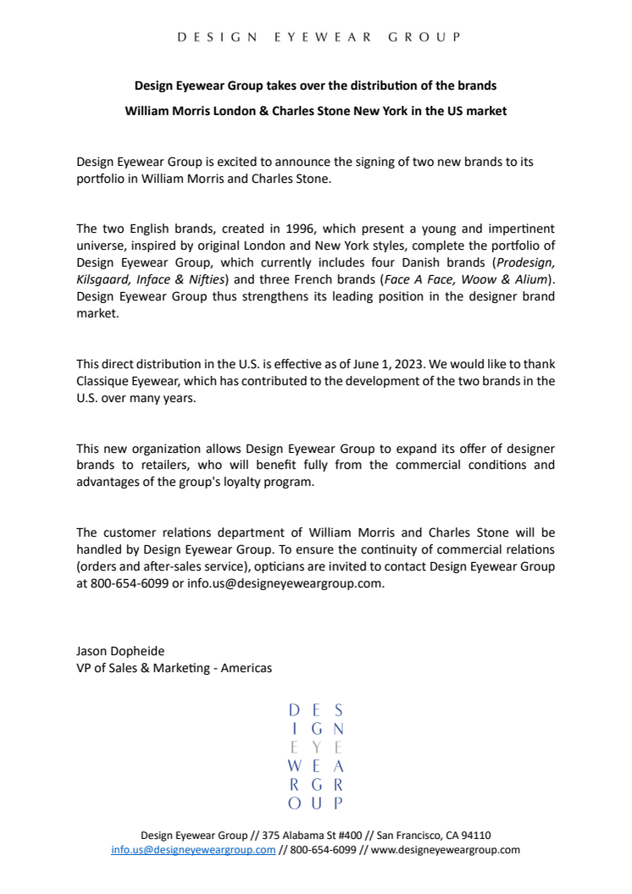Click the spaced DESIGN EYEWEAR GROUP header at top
[319, 37]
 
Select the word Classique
[103, 381]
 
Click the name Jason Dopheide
[120, 651]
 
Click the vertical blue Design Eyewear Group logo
[316, 755]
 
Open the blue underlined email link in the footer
[193, 850]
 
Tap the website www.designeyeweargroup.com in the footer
[445, 850]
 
